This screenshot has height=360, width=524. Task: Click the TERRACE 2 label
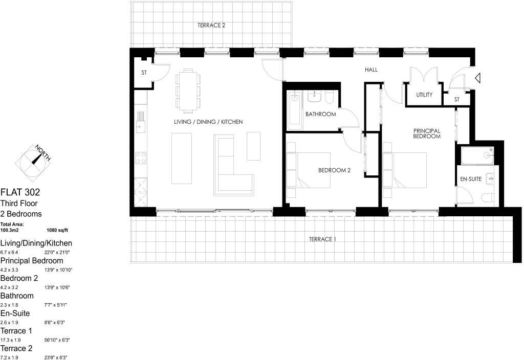(x=211, y=25)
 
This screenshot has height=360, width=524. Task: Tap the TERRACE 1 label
(x=322, y=239)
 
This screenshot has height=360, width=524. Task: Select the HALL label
(x=371, y=70)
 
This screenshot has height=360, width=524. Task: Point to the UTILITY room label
(x=424, y=95)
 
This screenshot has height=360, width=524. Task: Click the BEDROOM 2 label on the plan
(x=334, y=170)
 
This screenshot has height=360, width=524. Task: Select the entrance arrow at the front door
(x=476, y=78)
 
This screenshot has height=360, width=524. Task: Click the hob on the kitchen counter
(x=140, y=158)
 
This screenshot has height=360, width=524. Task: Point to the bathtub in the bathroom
(x=294, y=111)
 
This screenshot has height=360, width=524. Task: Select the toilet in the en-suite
(x=488, y=198)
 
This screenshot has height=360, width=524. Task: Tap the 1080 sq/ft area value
(x=58, y=231)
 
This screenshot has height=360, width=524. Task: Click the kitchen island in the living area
(x=182, y=158)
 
